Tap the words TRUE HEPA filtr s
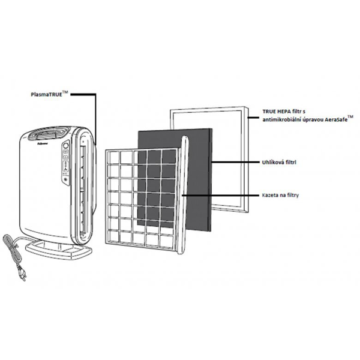(283, 112)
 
